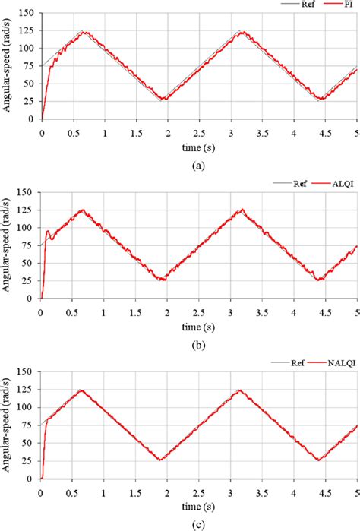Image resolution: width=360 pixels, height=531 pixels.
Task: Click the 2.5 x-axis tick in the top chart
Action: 198,131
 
